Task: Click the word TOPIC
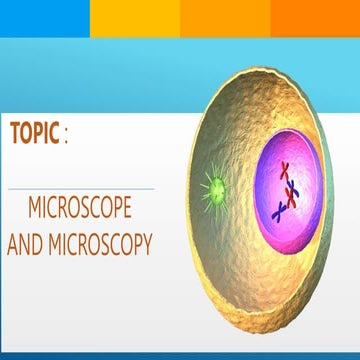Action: (35, 134)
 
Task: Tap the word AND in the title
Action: (26, 242)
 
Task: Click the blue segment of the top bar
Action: (45, 17)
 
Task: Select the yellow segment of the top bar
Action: (135, 17)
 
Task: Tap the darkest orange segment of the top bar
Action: (315, 17)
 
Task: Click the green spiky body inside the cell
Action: (214, 185)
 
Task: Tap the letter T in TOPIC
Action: (15, 134)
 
